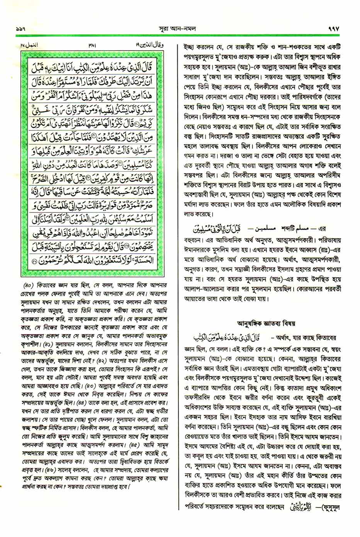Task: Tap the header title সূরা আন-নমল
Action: (x=180, y=29)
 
